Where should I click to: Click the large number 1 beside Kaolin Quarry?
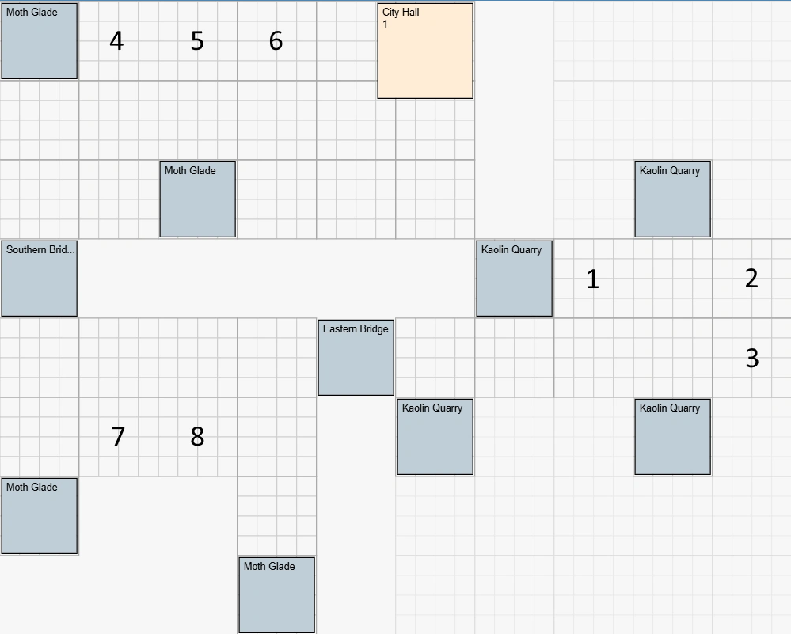(592, 279)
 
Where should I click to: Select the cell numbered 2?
(751, 278)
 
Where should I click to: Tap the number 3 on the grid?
(752, 358)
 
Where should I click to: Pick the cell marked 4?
(116, 41)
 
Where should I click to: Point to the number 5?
(197, 41)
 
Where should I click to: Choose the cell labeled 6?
(276, 40)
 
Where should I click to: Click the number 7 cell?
(118, 436)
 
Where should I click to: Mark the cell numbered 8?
(197, 436)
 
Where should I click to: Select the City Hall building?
(425, 51)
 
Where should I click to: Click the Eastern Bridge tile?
(356, 358)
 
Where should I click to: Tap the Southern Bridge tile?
(40, 279)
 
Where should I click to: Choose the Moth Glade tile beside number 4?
(40, 41)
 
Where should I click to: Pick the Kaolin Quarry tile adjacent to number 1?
(515, 279)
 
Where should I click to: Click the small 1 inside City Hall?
(386, 25)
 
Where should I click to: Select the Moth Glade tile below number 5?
(198, 199)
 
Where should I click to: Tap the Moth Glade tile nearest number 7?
(40, 516)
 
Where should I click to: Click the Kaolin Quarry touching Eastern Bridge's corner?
(435, 437)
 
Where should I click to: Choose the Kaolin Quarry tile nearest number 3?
(672, 437)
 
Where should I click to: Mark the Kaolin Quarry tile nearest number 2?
(672, 199)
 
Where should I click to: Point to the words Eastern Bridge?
(356, 328)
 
